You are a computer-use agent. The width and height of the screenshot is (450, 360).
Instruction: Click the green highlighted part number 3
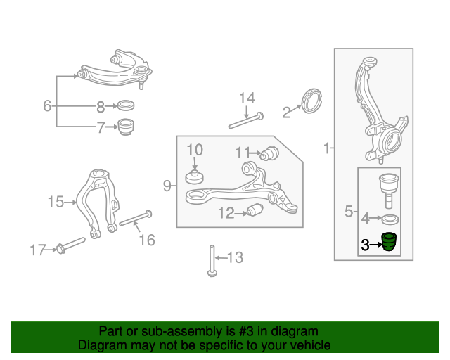pos(390,242)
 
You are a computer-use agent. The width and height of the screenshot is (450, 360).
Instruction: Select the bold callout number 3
pos(365,245)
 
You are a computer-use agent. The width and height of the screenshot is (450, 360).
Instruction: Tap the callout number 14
pos(247,98)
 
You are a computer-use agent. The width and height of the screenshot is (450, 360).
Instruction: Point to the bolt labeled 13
pos(212,261)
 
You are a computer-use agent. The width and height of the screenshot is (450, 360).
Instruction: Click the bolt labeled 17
pos(71,245)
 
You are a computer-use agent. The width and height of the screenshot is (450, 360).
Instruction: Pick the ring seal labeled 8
pos(126,105)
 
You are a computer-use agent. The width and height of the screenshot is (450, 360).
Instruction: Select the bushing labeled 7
pos(127,127)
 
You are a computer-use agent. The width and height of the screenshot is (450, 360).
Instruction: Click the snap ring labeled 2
pos(312,101)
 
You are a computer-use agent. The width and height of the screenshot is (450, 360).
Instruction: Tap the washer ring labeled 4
pos(390,219)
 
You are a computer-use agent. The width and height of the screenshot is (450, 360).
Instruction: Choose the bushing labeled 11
pos(269,153)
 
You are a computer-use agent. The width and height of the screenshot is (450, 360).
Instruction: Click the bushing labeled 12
pos(255,210)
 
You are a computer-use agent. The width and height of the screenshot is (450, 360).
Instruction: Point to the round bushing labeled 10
pos(194,177)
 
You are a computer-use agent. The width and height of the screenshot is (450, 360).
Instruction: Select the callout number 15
pos(56,202)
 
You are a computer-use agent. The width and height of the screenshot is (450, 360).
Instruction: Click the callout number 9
pos(167,186)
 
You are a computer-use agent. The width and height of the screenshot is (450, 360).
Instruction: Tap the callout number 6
pos(47,105)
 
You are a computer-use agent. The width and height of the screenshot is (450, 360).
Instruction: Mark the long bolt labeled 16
pos(136,218)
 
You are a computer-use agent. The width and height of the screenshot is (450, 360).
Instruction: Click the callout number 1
pos(326,148)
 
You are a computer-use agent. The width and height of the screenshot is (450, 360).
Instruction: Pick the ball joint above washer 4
pos(389,191)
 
